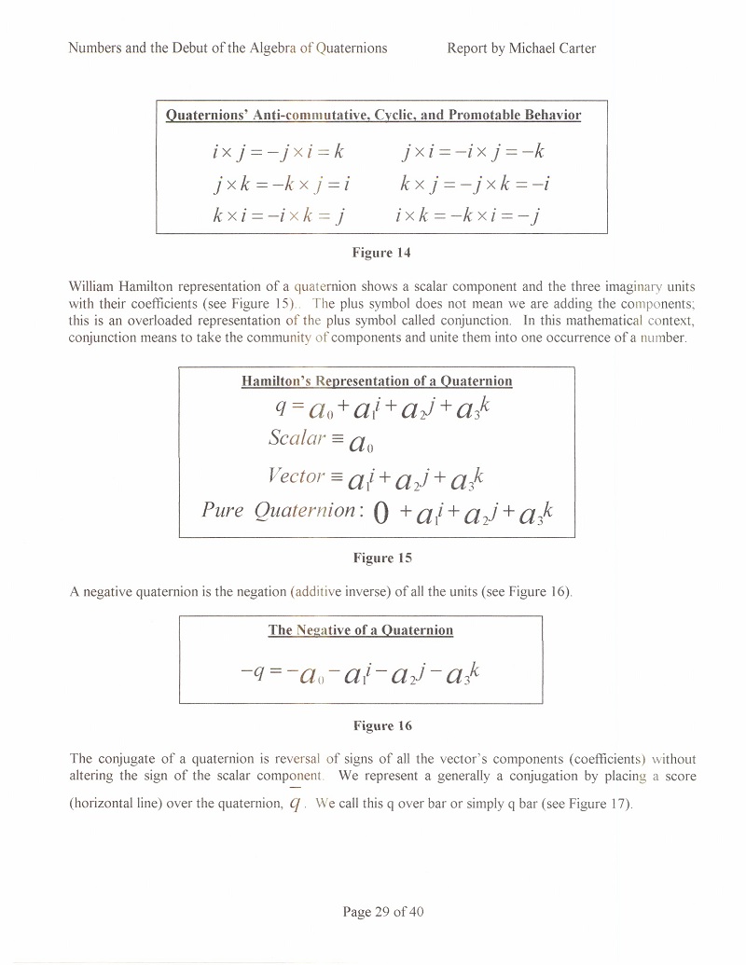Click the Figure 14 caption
[380, 252]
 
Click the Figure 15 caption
[381, 558]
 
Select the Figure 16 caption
[381, 725]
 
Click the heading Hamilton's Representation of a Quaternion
[377, 380]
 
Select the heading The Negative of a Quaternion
[361, 629]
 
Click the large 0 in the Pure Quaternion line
[380, 512]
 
